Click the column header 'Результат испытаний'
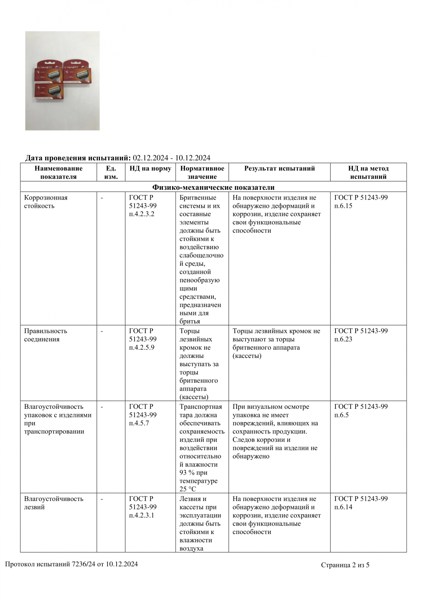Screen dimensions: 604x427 pyautogui.click(x=279, y=168)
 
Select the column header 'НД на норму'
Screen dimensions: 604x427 pyautogui.click(x=150, y=168)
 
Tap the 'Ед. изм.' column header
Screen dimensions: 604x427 pyautogui.click(x=111, y=172)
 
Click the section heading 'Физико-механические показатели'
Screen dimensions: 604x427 pyautogui.click(x=213, y=187)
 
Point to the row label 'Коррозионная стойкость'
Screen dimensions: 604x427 pyautogui.click(x=46, y=202)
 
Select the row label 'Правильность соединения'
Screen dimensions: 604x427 pyautogui.click(x=46, y=335)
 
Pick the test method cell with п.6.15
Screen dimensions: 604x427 pyautogui.click(x=361, y=202)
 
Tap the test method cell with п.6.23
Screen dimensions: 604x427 pyautogui.click(x=361, y=335)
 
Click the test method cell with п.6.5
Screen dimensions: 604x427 pyautogui.click(x=361, y=411)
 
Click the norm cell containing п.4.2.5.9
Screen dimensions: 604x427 pyautogui.click(x=143, y=339)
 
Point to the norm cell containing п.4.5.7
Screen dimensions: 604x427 pyautogui.click(x=143, y=415)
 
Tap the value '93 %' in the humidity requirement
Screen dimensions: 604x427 pyautogui.click(x=187, y=473)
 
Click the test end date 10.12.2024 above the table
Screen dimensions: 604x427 pyautogui.click(x=193, y=158)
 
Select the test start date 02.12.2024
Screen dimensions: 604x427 pyautogui.click(x=150, y=158)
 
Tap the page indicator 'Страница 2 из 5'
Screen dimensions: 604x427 pyautogui.click(x=345, y=565)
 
